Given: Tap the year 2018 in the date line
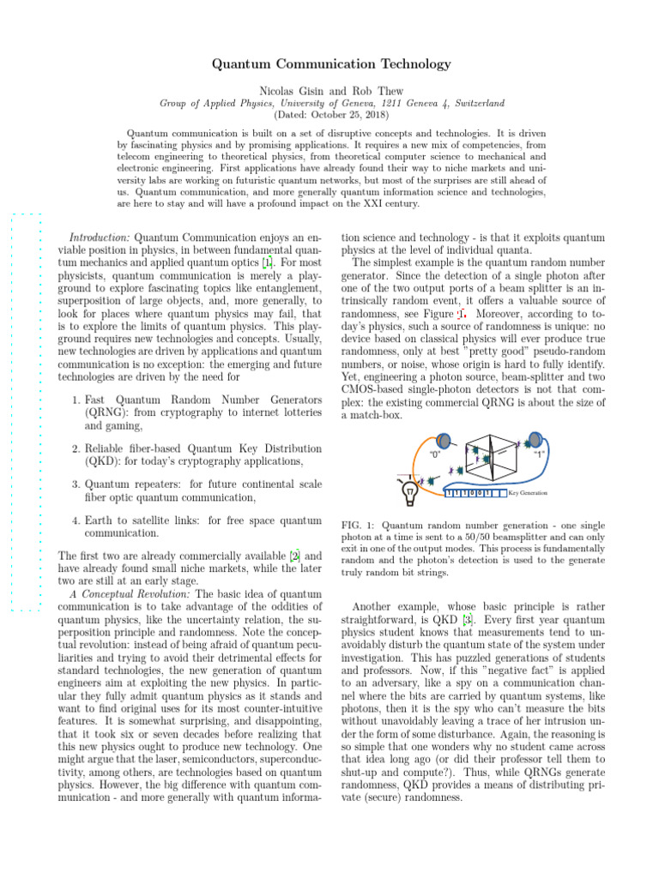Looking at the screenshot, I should (x=374, y=114).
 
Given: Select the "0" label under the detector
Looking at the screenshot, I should (x=436, y=455).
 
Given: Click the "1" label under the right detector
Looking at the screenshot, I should (x=540, y=455).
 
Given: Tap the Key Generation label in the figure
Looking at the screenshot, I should (x=528, y=493).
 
